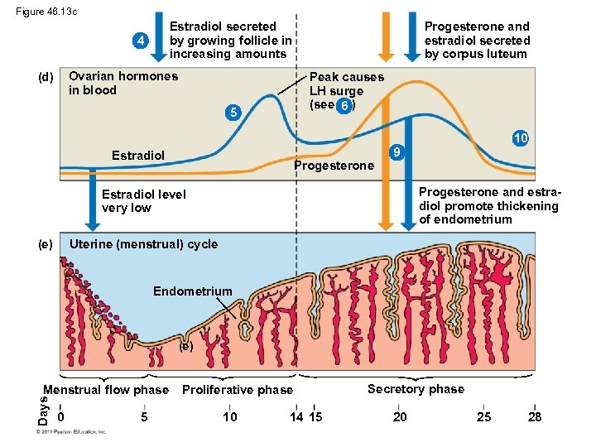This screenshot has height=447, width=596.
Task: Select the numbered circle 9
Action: pos(397,153)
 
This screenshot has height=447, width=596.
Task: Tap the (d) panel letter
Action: pos(46,77)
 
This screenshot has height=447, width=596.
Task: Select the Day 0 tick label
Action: pos(62,416)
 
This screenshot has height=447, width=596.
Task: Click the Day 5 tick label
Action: pos(144,416)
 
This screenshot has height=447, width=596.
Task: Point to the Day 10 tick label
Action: pos(229,416)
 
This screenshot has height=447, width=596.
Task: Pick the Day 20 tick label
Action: pos(400,416)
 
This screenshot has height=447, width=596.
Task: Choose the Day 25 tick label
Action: pos(484,416)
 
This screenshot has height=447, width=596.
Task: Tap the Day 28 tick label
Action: pos(535,416)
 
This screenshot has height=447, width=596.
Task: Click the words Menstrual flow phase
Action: pos(105,390)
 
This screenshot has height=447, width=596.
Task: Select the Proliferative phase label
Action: pos(237,390)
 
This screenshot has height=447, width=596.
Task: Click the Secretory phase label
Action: pos(416,389)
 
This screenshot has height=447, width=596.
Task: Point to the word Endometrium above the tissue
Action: pos(193,291)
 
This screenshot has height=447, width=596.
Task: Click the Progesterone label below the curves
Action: pos(334,166)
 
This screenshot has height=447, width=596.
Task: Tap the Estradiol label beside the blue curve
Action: pos(138,155)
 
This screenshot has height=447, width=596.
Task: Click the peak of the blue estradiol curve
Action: pos(270,96)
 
